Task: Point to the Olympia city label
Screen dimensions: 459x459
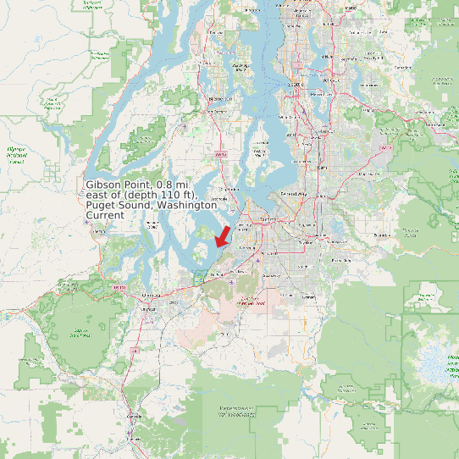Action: pyautogui.click(x=150, y=296)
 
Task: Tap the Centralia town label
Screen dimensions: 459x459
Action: pyautogui.click(x=132, y=416)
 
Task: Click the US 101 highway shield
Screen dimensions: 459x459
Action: pyautogui.click(x=120, y=289)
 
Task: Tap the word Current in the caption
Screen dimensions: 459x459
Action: pyautogui.click(x=105, y=215)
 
